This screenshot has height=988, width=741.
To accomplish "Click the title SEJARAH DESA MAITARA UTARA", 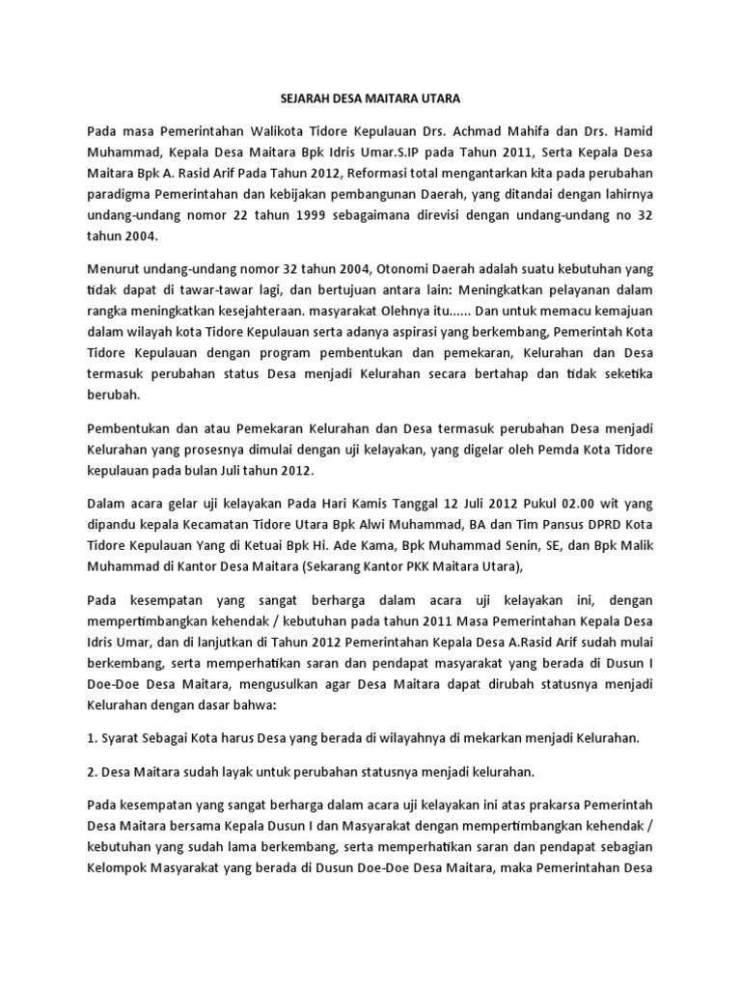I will [x=370, y=98].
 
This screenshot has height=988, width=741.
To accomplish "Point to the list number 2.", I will [x=93, y=772].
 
